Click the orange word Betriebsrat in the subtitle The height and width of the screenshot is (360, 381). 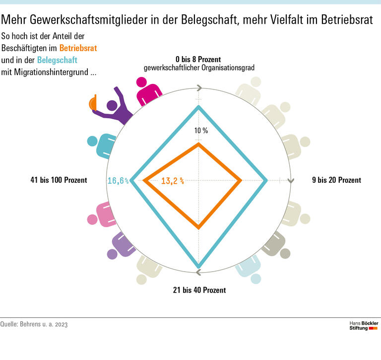pyautogui.click(x=78, y=48)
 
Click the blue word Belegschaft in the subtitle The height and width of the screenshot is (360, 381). pyautogui.click(x=57, y=61)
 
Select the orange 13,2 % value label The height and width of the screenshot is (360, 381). pyautogui.click(x=173, y=181)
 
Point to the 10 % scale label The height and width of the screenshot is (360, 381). pyautogui.click(x=201, y=131)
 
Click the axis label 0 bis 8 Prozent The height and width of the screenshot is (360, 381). pyautogui.click(x=199, y=59)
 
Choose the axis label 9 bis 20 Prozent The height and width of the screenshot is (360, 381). pyautogui.click(x=336, y=180)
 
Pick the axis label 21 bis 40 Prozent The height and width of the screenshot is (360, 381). pyautogui.click(x=199, y=290)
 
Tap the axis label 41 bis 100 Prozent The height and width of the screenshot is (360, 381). pyautogui.click(x=59, y=180)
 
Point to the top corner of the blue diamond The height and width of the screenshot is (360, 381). pyautogui.click(x=199, y=107)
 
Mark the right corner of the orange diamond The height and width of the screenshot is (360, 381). pyautogui.click(x=241, y=181)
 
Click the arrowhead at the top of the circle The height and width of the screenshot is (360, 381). pyautogui.click(x=199, y=88)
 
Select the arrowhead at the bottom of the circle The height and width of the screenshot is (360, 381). pyautogui.click(x=198, y=272)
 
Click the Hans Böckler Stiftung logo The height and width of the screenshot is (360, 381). pyautogui.click(x=364, y=326)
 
